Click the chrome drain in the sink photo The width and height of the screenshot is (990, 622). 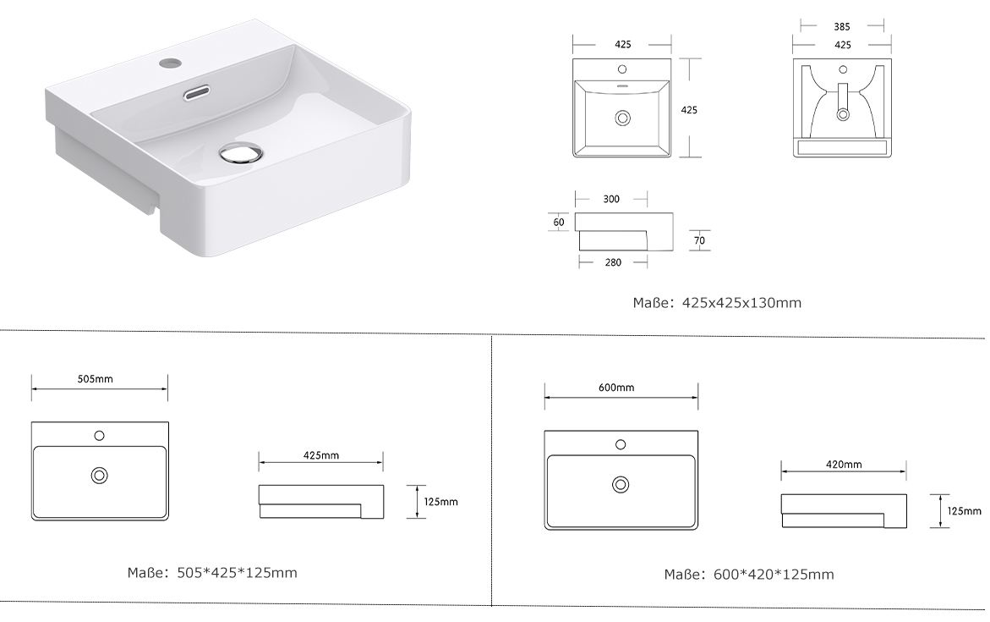(240, 154)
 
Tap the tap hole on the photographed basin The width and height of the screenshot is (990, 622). (169, 63)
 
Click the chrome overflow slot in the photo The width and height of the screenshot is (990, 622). (196, 93)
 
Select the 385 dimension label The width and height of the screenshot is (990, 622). (841, 26)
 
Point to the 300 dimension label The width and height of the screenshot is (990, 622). (611, 199)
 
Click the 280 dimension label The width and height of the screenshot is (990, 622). (613, 262)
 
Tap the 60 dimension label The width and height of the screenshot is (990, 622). (559, 223)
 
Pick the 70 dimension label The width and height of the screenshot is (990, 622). (699, 240)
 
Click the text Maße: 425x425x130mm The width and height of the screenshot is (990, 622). (717, 303)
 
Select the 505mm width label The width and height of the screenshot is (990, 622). (96, 379)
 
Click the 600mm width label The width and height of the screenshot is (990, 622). (616, 388)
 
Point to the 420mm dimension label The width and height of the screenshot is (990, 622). (844, 465)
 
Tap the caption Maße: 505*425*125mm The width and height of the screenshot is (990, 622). (212, 573)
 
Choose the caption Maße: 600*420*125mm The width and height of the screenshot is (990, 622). (749, 575)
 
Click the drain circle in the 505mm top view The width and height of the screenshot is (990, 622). (99, 476)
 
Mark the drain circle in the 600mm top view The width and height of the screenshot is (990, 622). (621, 485)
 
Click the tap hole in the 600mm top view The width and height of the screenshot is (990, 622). (621, 445)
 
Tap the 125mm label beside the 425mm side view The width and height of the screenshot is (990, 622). (440, 502)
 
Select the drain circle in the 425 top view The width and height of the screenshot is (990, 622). (623, 118)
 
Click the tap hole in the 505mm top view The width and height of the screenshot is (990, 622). (99, 436)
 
